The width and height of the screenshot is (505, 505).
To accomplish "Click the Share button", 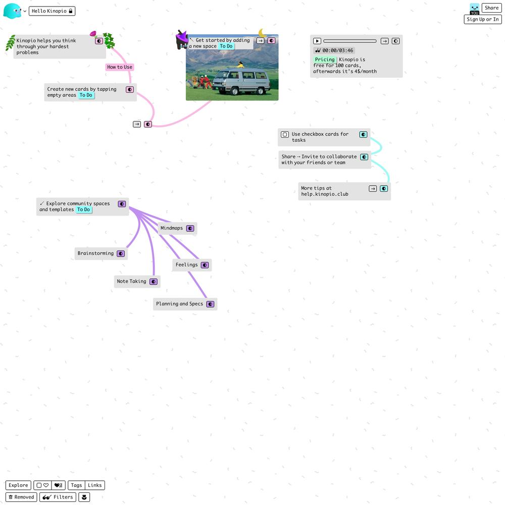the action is click(x=491, y=8).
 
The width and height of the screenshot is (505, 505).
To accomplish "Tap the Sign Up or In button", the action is click(x=482, y=19).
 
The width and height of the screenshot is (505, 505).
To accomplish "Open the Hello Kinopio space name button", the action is click(x=52, y=11).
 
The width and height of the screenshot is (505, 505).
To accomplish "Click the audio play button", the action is click(x=317, y=41).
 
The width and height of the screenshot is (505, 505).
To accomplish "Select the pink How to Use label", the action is click(x=120, y=67).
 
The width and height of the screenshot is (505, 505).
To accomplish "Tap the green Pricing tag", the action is click(x=325, y=60).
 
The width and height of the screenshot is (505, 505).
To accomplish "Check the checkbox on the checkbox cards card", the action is click(x=285, y=134).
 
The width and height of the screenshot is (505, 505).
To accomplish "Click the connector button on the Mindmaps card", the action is click(x=190, y=228).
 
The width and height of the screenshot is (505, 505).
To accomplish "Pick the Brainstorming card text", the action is click(x=95, y=253).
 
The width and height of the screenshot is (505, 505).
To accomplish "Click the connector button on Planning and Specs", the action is click(x=210, y=304).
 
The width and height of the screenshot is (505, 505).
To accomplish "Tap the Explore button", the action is click(x=18, y=485).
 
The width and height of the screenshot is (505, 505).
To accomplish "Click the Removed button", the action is click(x=21, y=497).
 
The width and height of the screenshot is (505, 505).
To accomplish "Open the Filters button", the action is click(x=58, y=497).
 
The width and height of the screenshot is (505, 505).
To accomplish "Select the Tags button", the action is click(x=77, y=485).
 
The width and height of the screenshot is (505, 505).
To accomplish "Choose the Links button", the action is click(x=95, y=485).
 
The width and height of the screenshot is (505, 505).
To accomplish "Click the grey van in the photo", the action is click(x=241, y=81).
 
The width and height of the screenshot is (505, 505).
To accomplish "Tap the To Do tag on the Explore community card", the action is click(x=83, y=210).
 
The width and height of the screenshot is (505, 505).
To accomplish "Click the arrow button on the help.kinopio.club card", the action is click(x=373, y=189).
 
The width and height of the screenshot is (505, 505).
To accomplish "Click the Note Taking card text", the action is click(x=131, y=281).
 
